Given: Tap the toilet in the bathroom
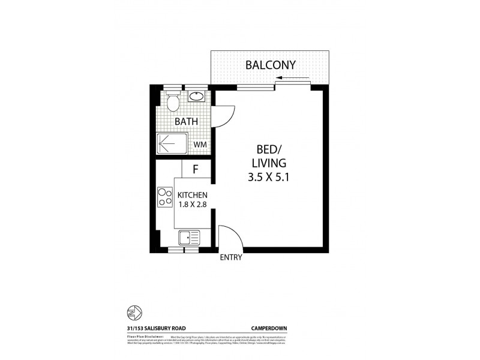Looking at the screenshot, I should coord(173,102).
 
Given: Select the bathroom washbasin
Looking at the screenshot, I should coord(196,95).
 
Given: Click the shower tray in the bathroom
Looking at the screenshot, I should coord(172,144).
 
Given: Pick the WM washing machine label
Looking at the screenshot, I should coord(200,145).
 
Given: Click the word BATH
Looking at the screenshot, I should coord(186,122).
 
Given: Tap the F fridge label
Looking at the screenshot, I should coord(196,169).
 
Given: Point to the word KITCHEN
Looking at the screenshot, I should coord(193,196).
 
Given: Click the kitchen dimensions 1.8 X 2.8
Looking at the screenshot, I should coord(193,205).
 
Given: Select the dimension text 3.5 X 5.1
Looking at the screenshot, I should coord(271,178).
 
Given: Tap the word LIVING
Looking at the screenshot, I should coord(271,163).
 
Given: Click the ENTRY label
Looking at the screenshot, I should coord(231,258).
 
